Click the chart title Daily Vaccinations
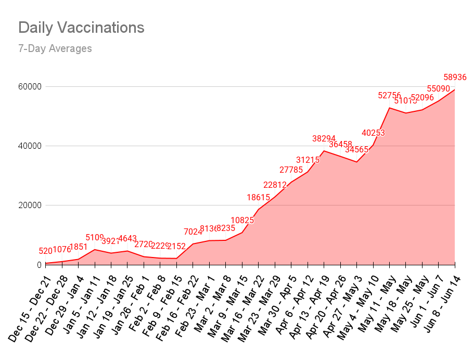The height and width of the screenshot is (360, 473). [81, 28]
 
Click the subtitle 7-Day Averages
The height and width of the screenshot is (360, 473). [55, 49]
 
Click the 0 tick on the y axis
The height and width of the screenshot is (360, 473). [37, 265]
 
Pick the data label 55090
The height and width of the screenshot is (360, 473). [438, 88]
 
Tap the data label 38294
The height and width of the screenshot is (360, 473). [324, 139]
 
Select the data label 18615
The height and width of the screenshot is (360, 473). [258, 197]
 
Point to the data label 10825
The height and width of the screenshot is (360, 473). [242, 220]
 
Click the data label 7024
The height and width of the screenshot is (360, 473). [193, 232]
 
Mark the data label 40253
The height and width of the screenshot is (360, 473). [373, 133]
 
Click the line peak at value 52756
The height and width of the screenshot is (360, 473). [389, 108]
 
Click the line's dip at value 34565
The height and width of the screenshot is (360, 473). [356, 162]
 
